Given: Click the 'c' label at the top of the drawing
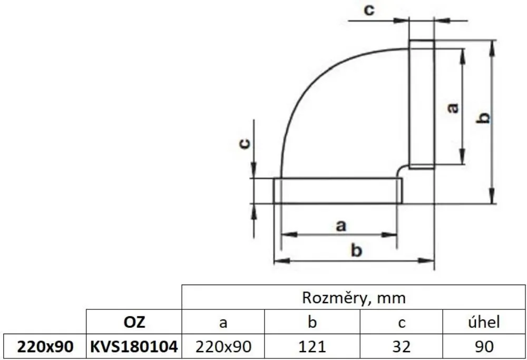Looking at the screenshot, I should click(x=370, y=10).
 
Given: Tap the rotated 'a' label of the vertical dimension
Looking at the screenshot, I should click(x=452, y=108).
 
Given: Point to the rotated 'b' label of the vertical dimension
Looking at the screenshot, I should click(x=484, y=118).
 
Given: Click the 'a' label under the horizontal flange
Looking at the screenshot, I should click(x=340, y=226).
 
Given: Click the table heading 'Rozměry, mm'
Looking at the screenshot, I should click(x=354, y=298).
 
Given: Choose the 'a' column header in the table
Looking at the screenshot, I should click(x=223, y=322).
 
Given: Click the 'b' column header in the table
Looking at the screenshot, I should click(x=313, y=322).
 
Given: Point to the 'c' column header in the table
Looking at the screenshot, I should click(x=401, y=322).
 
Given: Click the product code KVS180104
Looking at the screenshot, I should click(x=133, y=347).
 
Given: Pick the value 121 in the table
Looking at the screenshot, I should click(x=313, y=347).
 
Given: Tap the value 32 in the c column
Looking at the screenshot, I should click(x=401, y=347).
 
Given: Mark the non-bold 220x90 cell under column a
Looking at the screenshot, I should click(x=223, y=347).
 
